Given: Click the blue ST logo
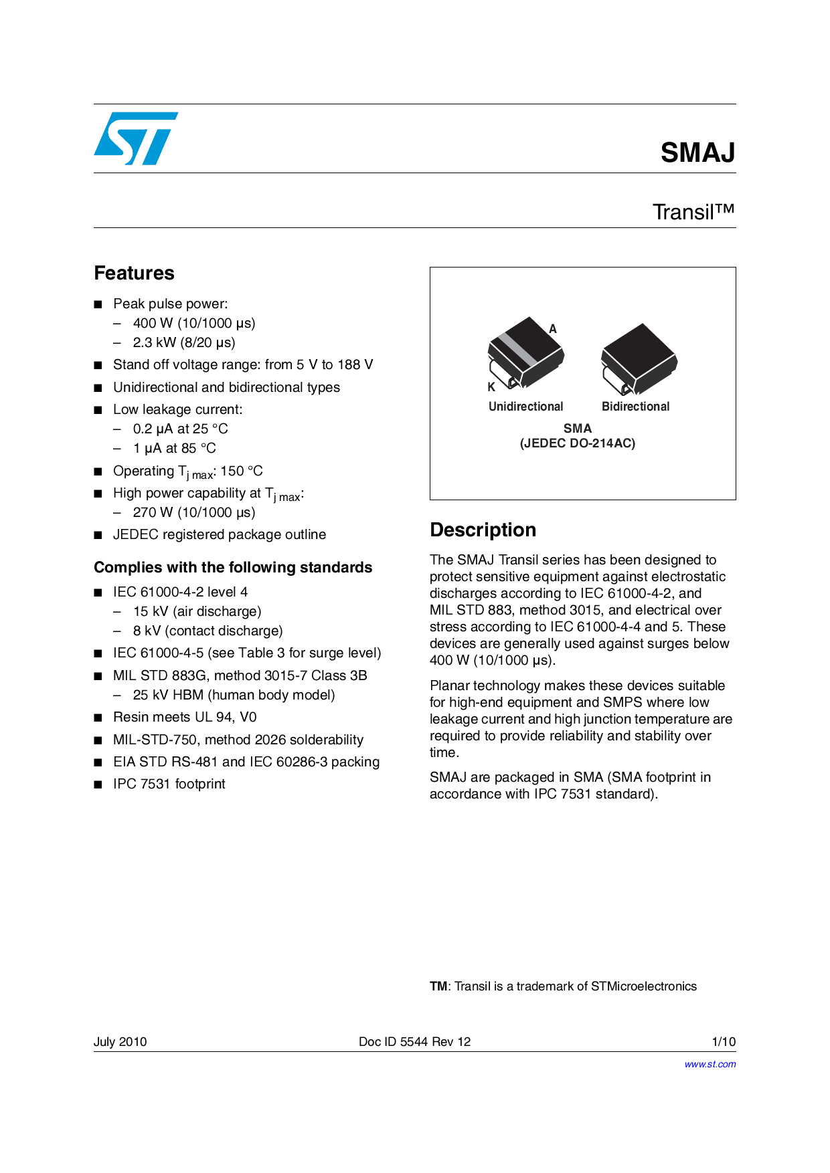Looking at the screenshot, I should click(x=136, y=138).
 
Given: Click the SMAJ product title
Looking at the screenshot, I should click(x=697, y=152).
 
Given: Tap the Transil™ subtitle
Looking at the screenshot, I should click(x=693, y=212).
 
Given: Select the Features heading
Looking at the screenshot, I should click(x=134, y=273).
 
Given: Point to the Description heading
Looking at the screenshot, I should click(x=483, y=530).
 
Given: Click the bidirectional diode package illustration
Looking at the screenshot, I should click(x=639, y=359).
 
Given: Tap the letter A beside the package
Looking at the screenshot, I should click(x=553, y=329).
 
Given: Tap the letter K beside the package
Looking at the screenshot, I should click(x=491, y=387).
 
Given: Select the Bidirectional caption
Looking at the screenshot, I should click(x=635, y=407).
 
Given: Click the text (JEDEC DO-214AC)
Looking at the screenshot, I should click(x=578, y=443).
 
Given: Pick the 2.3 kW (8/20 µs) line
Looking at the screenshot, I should click(x=184, y=342).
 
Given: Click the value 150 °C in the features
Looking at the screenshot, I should click(x=242, y=471).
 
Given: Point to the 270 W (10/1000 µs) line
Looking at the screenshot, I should click(x=194, y=512).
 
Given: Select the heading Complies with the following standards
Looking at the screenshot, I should click(x=233, y=567).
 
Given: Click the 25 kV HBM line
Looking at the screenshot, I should click(x=234, y=695).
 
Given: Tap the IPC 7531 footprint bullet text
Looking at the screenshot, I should click(x=169, y=784).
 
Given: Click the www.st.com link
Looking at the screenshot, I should click(x=710, y=1064).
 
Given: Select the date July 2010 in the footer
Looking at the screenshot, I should click(x=120, y=1041).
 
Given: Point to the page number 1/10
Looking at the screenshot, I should click(x=724, y=1041).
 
